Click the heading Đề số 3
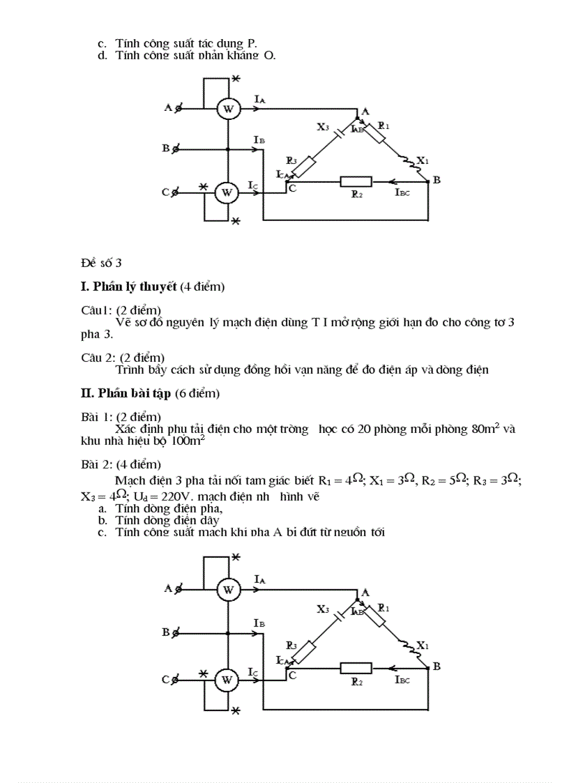(101, 263)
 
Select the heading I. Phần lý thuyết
(129, 287)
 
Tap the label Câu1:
(95, 310)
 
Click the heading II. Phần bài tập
(126, 394)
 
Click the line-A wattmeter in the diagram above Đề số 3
(227, 108)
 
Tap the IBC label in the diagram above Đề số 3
(402, 192)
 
